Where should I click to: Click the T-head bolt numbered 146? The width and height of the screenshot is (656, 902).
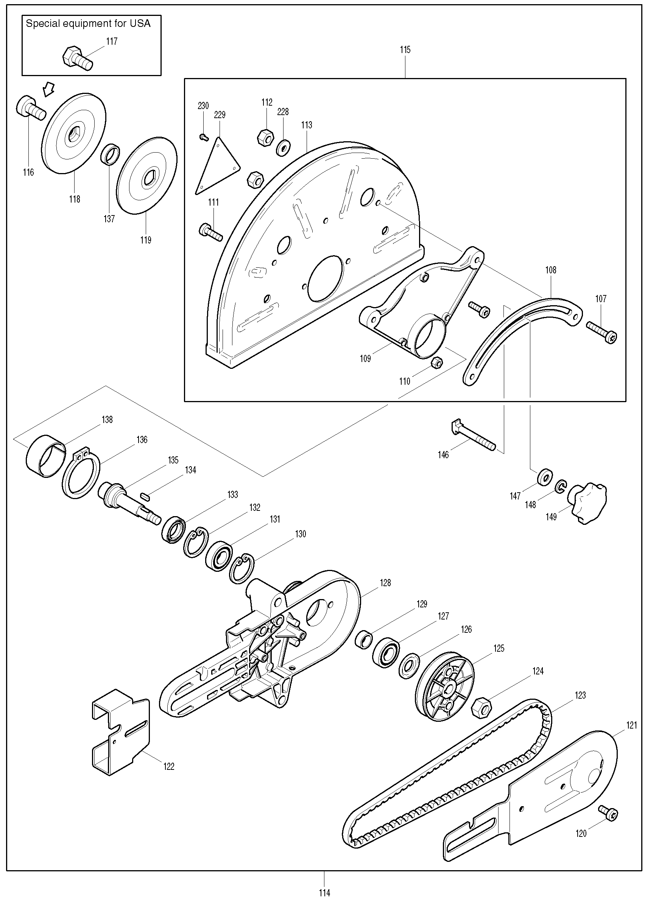473,436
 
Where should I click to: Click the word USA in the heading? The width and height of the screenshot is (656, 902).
140,23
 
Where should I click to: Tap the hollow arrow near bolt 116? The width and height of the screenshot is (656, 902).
49,89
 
